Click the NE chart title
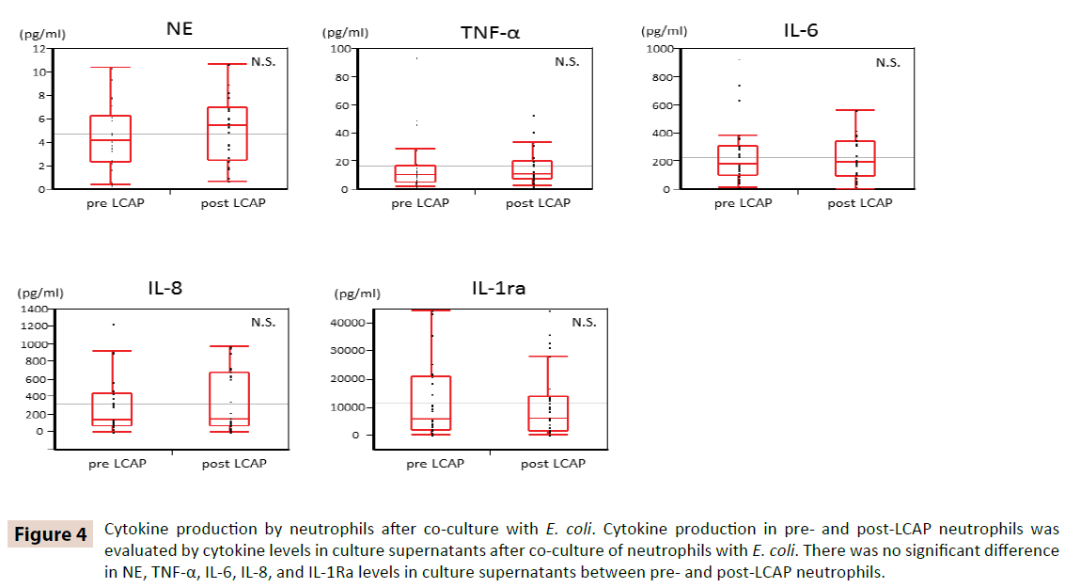[180, 28]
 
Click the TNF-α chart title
[490, 33]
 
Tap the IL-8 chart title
[164, 288]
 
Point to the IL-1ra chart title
[498, 288]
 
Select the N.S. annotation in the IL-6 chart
[887, 63]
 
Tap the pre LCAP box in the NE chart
[111, 139]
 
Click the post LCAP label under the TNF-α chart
[538, 203]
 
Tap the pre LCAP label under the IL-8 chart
[117, 463]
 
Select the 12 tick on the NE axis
[39, 48]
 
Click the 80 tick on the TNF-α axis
[344, 76]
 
